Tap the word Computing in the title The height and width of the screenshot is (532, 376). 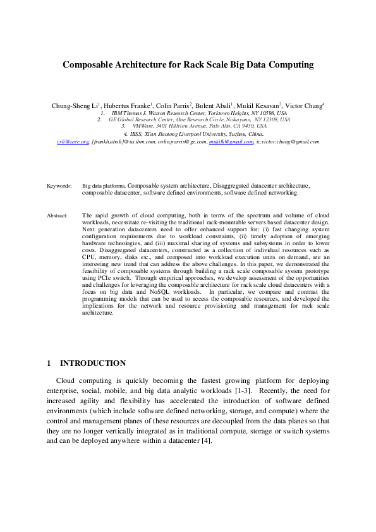[x=288, y=64]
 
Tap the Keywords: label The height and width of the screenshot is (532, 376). [x=59, y=186]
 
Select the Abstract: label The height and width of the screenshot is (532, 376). [x=58, y=216]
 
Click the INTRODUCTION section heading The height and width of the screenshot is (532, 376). [x=92, y=363]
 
